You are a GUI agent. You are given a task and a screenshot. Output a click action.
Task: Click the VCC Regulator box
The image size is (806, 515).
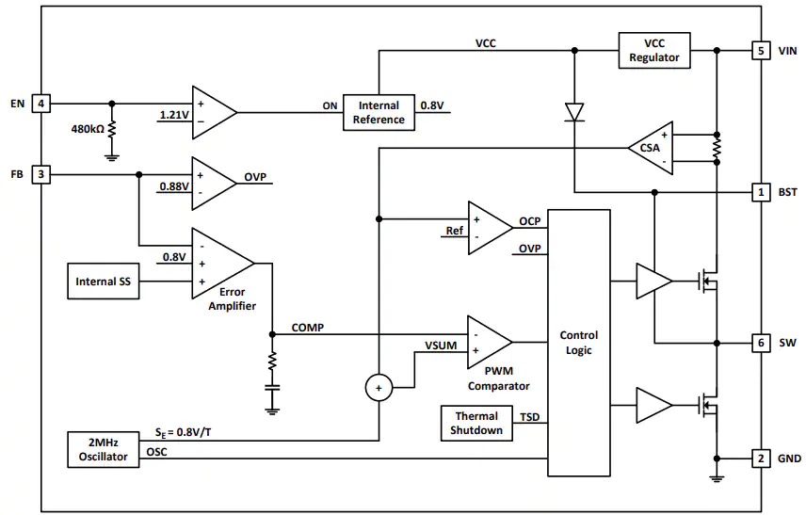653,50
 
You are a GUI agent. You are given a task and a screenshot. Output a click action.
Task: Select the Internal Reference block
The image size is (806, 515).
379,113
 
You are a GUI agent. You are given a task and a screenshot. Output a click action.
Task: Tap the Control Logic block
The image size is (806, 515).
579,343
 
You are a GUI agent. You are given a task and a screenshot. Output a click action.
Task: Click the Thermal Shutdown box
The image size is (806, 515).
476,423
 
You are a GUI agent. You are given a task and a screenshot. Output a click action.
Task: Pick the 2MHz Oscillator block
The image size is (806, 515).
104,450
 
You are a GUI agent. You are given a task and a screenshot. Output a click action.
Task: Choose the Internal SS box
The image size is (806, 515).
104,282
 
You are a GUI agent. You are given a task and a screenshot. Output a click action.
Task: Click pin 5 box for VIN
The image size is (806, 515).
761,51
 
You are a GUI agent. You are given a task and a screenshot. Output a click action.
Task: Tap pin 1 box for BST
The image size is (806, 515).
761,192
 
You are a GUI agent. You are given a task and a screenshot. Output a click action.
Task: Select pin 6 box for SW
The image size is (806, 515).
761,343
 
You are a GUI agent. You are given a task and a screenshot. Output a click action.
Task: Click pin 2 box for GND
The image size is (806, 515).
761,459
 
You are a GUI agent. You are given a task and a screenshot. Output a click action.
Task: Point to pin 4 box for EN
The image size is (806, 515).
41,104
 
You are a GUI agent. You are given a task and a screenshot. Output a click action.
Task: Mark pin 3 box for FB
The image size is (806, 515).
41,174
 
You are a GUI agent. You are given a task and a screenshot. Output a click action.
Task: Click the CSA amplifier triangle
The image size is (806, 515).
652,148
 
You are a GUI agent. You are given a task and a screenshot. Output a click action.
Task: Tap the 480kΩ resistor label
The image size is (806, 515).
88,129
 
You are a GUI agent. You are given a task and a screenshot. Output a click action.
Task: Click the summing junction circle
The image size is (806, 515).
379,388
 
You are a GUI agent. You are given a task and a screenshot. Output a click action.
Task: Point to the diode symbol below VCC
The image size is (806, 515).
574,112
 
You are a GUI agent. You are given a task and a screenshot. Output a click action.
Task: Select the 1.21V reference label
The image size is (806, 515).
174,115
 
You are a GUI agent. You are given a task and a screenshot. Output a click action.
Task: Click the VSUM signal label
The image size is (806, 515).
441,346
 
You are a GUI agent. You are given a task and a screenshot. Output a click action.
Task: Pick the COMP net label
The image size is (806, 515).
307,328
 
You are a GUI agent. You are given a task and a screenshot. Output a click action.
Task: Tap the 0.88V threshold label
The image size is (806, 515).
174,186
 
